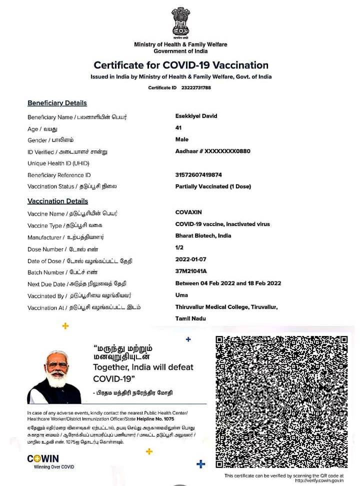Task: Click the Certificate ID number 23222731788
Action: click(x=196, y=87)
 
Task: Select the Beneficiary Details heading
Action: click(x=57, y=103)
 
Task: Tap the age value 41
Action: click(x=178, y=128)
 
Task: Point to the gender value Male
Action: click(x=182, y=139)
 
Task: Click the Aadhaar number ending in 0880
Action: click(x=212, y=151)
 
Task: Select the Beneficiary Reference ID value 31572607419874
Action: click(x=198, y=174)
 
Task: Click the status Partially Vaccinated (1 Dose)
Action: click(x=213, y=186)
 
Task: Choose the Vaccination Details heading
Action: click(x=57, y=201)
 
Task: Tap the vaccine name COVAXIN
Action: click(x=188, y=212)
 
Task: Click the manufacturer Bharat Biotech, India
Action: click(x=203, y=235)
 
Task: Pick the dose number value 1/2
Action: click(x=179, y=247)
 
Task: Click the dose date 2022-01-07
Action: click(x=190, y=259)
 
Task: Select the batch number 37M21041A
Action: click(x=191, y=271)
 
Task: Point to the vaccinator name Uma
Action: click(x=181, y=295)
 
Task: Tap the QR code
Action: click(x=281, y=401)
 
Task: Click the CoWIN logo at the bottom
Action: click(x=43, y=458)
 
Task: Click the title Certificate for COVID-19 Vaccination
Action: click(x=181, y=65)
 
